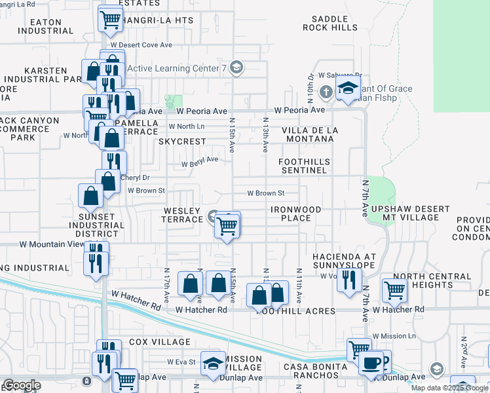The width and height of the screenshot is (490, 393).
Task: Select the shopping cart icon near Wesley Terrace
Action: tap(227, 227)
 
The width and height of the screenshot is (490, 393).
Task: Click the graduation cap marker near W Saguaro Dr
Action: tap(348, 89)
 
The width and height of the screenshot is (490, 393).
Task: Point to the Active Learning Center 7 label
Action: tap(178, 68)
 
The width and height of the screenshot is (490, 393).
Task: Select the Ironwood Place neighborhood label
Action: tap(297, 214)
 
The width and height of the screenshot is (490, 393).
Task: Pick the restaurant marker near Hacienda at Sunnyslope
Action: tap(349, 280)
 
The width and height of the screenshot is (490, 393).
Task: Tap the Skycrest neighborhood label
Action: tap(182, 141)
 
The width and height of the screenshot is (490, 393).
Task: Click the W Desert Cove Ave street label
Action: tap(141, 45)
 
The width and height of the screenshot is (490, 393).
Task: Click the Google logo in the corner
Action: tap(22, 385)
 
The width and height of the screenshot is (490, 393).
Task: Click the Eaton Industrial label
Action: tap(45, 26)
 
